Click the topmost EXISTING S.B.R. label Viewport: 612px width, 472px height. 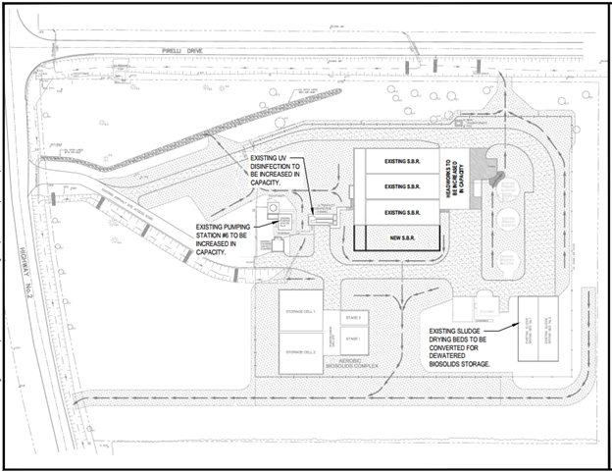(402, 162)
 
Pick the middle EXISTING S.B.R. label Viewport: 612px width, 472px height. (402, 186)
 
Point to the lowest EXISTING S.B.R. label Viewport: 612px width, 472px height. (402, 212)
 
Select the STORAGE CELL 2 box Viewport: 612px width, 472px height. (299, 351)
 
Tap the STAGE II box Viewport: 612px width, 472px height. (354, 318)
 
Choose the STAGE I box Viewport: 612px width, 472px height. (354, 341)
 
